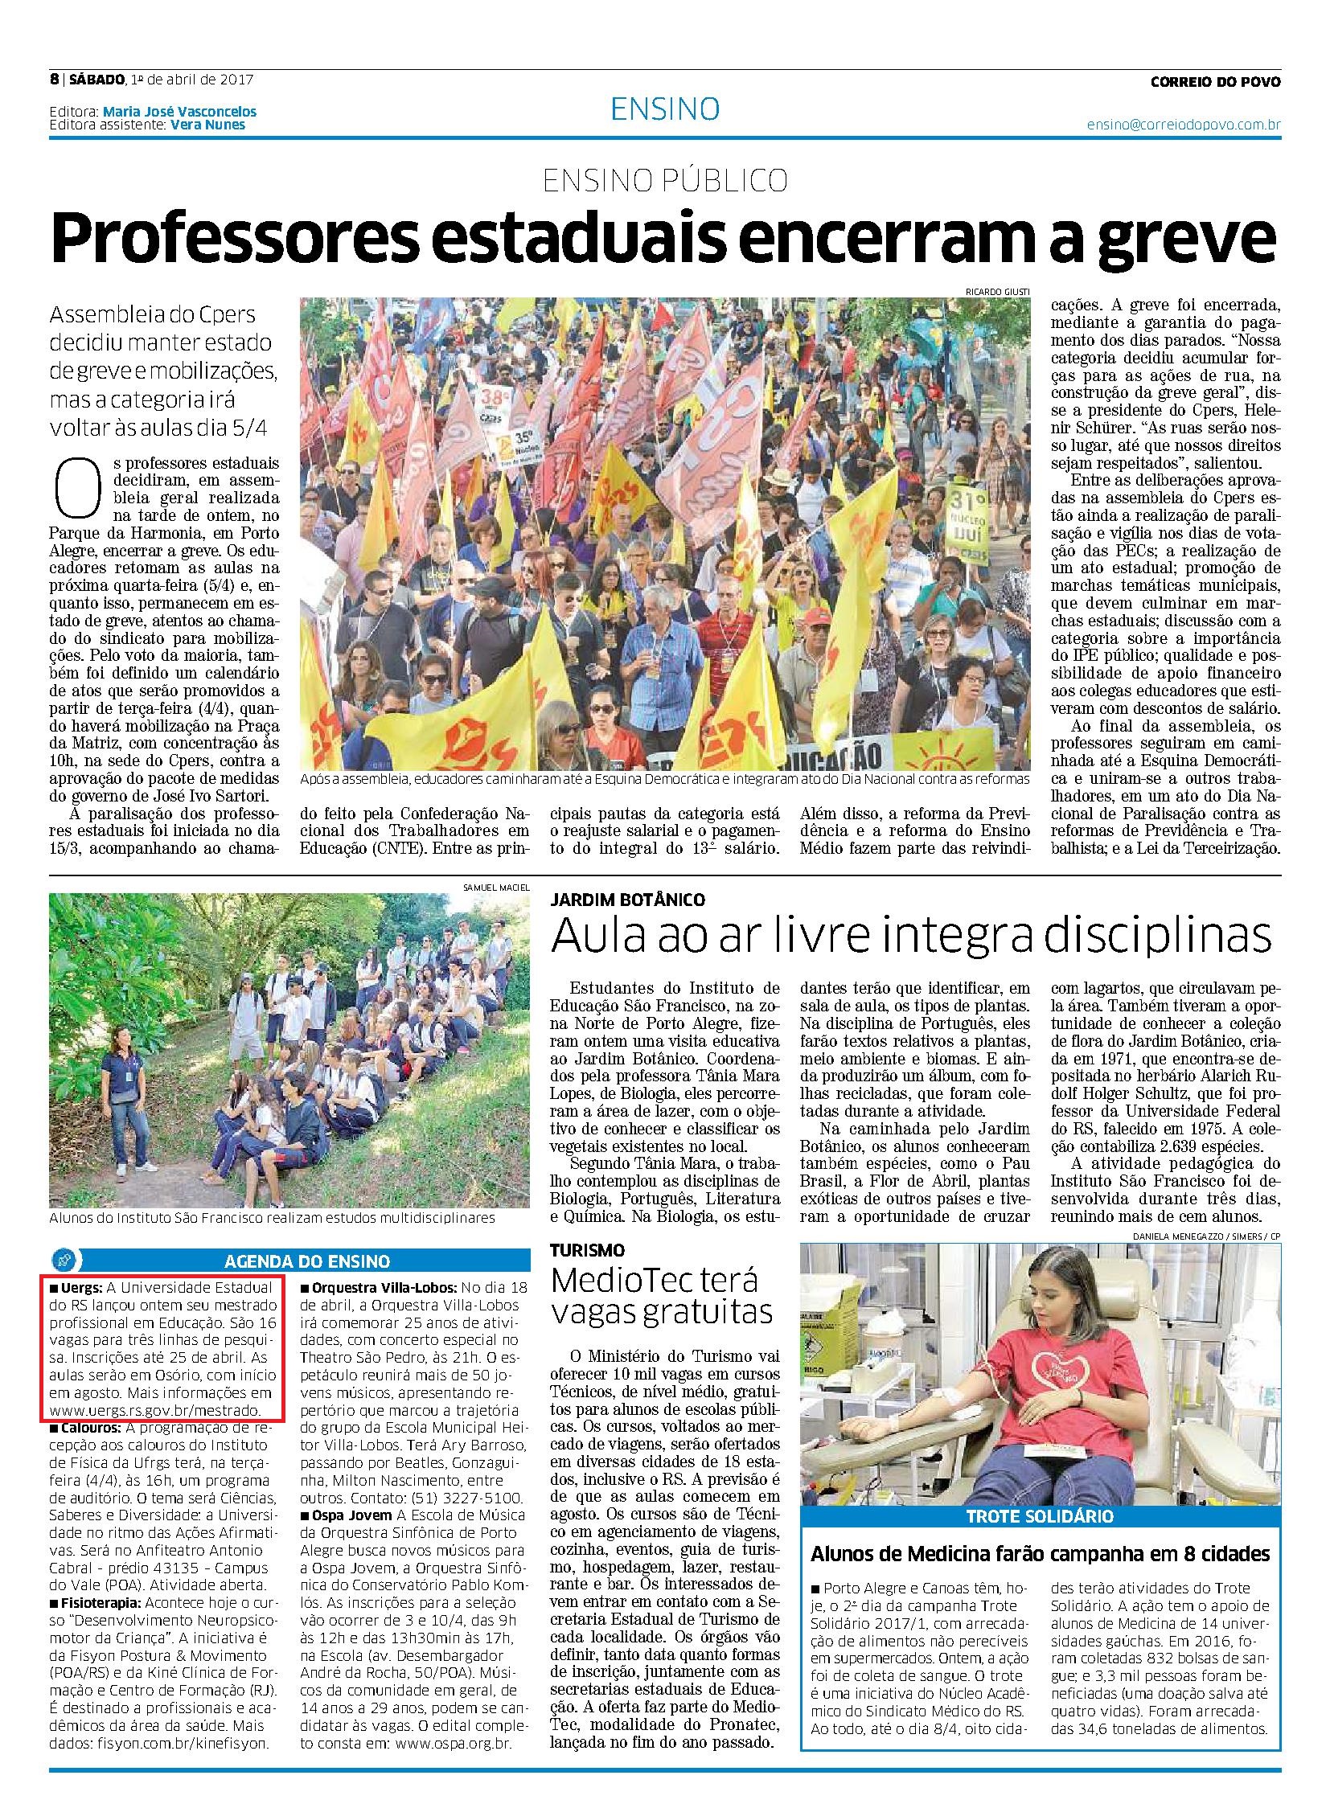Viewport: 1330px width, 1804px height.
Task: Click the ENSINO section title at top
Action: (x=664, y=109)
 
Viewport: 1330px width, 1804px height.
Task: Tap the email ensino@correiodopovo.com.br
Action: (x=1184, y=125)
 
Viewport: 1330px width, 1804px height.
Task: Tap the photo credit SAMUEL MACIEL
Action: (x=496, y=887)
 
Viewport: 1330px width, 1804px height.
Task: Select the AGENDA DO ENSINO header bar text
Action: (x=307, y=1261)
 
